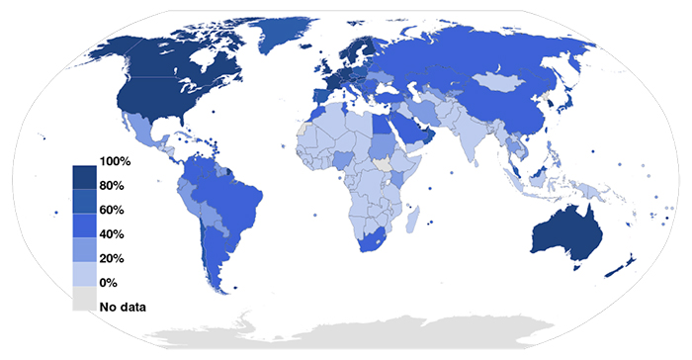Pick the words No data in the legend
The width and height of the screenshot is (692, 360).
tap(123, 306)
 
